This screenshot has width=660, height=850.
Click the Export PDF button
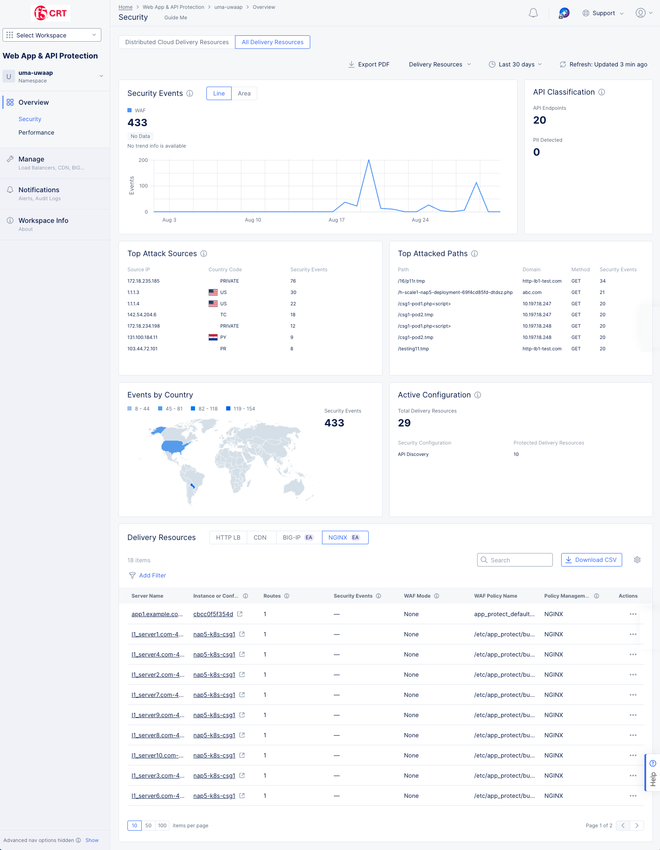click(x=369, y=64)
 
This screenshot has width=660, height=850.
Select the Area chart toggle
click(x=244, y=93)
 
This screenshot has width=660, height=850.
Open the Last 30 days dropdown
click(x=515, y=64)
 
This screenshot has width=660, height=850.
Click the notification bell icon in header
click(x=533, y=13)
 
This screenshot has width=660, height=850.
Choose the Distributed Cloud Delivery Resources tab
click(x=177, y=42)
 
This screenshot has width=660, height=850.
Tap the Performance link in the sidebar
click(x=36, y=132)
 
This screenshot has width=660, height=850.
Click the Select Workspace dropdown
click(x=52, y=35)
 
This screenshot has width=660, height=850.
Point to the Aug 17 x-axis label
click(x=336, y=220)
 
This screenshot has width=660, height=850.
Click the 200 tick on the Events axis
click(x=143, y=160)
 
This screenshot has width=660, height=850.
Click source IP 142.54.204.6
click(x=142, y=315)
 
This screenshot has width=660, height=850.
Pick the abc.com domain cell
click(x=532, y=292)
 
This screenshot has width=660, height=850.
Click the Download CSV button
click(x=591, y=560)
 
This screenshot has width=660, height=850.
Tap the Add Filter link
click(x=152, y=575)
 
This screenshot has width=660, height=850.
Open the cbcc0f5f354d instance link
click(x=213, y=614)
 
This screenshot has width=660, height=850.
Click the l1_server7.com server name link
click(x=157, y=695)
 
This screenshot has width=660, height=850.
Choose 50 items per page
click(x=148, y=826)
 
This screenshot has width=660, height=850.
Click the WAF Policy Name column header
click(x=495, y=596)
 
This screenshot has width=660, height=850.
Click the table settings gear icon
click(x=637, y=560)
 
